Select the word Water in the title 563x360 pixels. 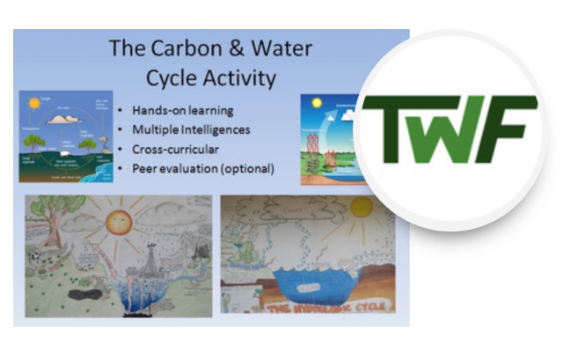[x=277, y=48]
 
